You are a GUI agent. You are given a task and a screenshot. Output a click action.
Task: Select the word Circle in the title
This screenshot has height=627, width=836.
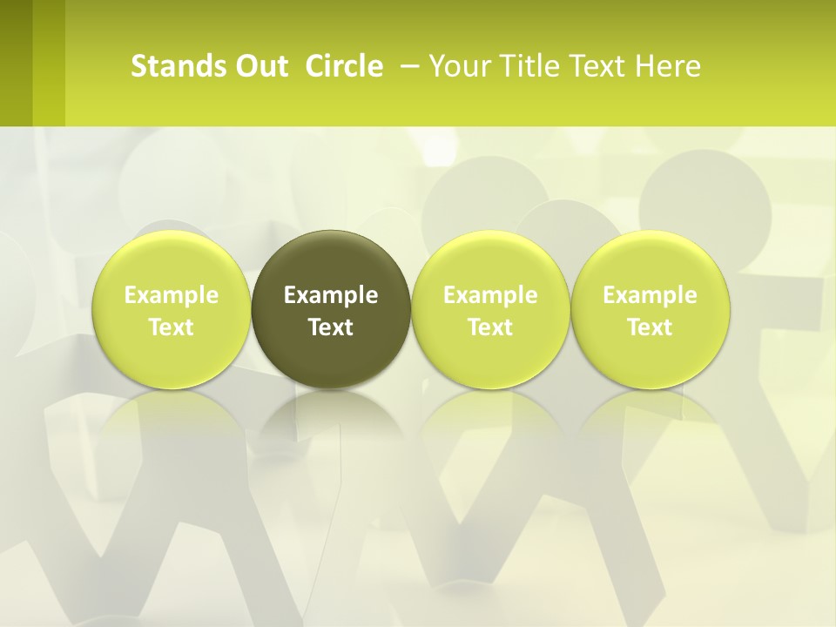click(x=344, y=66)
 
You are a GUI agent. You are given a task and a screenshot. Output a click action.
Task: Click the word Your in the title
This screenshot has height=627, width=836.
click(x=460, y=66)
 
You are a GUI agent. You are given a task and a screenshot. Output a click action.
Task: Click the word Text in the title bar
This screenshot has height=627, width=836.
click(x=596, y=66)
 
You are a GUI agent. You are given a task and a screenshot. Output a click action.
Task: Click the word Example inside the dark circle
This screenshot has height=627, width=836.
click(x=331, y=295)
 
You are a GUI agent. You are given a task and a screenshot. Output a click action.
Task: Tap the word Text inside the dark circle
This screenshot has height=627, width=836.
click(x=331, y=327)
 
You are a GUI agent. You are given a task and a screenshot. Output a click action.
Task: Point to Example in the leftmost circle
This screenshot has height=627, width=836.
click(x=171, y=295)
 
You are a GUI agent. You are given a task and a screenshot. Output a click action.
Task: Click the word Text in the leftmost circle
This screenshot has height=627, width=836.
click(x=171, y=327)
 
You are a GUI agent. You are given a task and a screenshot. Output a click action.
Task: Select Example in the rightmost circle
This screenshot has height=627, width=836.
click(x=650, y=295)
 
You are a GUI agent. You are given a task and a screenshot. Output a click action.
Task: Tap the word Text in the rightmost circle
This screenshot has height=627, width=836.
click(x=650, y=327)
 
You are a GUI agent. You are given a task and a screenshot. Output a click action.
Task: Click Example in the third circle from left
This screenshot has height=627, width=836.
click(x=490, y=295)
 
